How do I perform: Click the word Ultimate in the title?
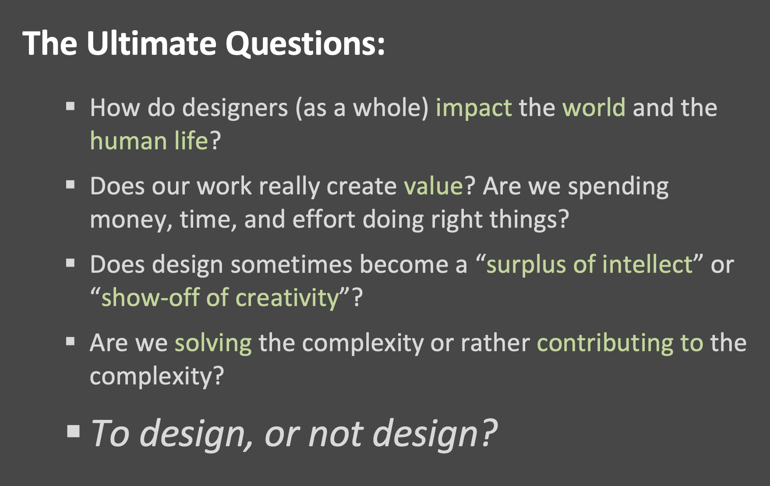click(152, 43)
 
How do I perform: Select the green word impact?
click(473, 109)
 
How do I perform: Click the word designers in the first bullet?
click(235, 109)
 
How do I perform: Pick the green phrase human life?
click(149, 141)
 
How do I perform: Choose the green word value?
click(434, 186)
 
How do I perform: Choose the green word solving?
click(213, 344)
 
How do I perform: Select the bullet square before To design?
click(74, 431)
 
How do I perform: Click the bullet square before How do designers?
click(71, 106)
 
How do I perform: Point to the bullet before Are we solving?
click(71, 342)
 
